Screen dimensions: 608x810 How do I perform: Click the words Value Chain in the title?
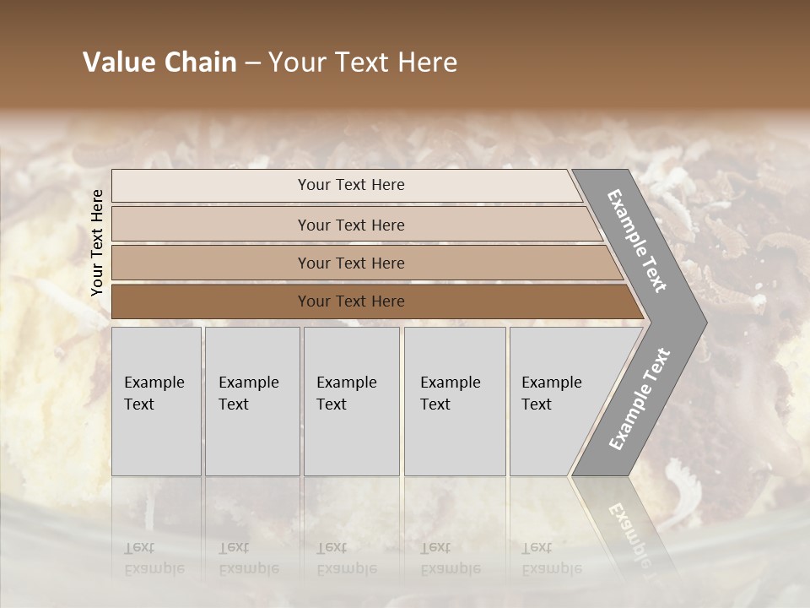(x=159, y=62)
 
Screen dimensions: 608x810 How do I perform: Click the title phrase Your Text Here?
(x=363, y=62)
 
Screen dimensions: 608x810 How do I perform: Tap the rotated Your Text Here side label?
(x=97, y=242)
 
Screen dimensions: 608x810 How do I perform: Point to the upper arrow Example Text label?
(x=637, y=241)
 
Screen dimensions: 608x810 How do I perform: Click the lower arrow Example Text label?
(x=639, y=399)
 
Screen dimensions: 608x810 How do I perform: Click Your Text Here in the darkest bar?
(x=351, y=301)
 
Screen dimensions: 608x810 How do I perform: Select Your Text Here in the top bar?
(x=351, y=185)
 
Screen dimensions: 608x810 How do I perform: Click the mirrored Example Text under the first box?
(x=154, y=559)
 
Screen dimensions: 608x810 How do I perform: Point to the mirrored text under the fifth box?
(x=551, y=559)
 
